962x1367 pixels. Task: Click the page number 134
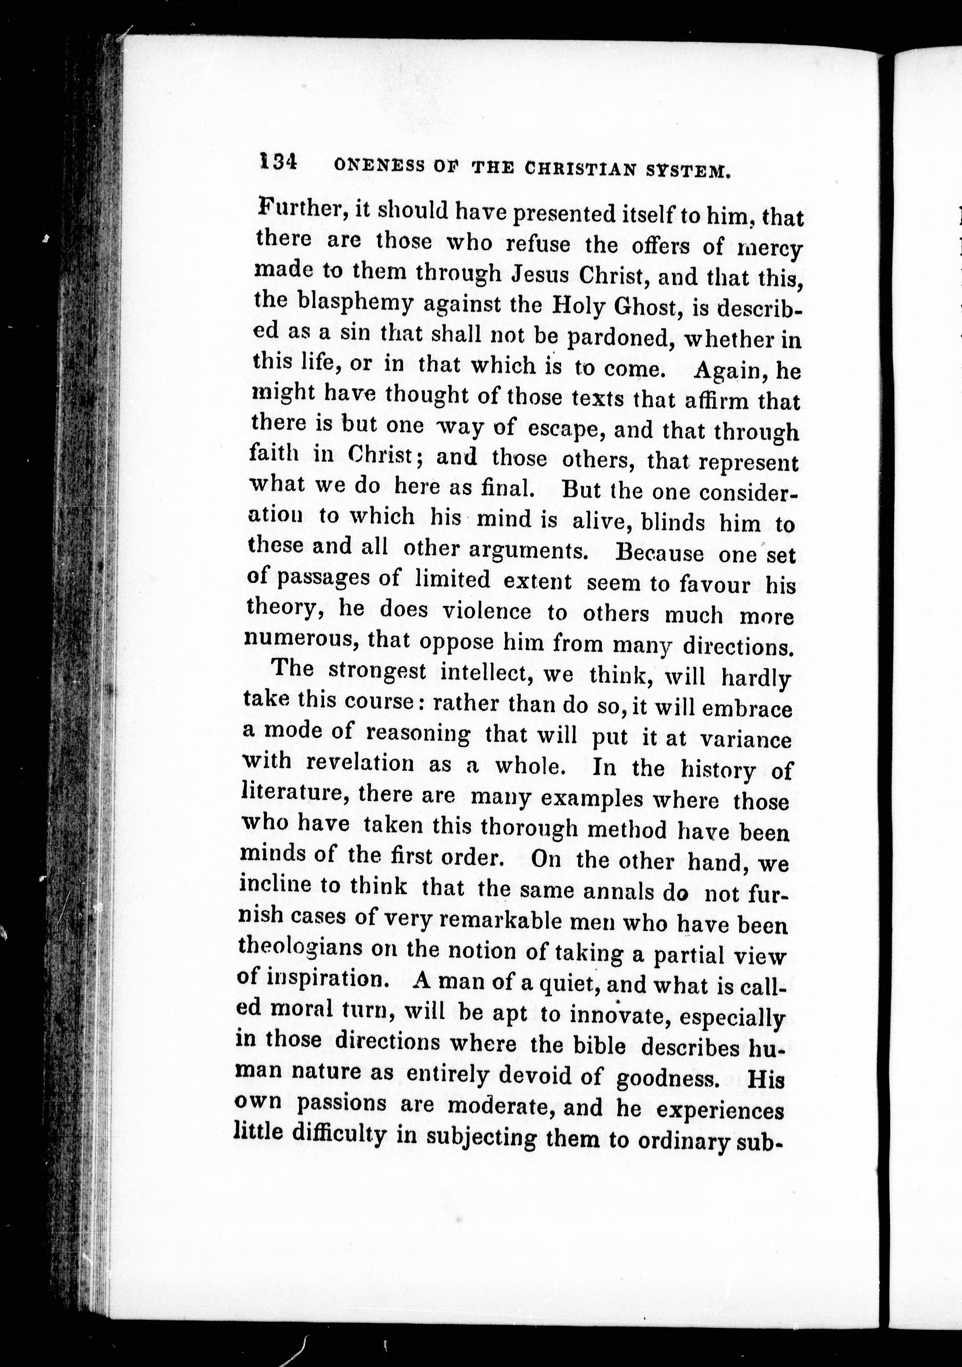[277, 161]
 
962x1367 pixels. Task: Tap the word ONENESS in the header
[379, 166]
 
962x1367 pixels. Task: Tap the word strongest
[377, 671]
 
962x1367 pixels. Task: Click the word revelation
[360, 763]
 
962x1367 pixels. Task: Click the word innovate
[616, 1014]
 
